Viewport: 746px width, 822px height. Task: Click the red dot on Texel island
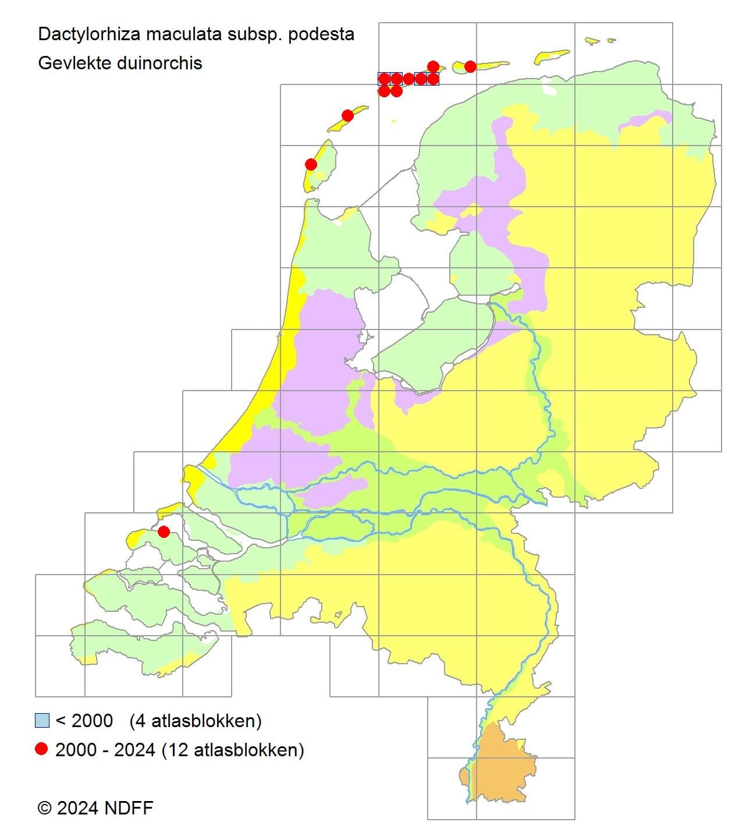click(311, 165)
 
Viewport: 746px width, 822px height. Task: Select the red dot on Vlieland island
click(347, 115)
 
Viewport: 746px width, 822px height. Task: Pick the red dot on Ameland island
click(470, 66)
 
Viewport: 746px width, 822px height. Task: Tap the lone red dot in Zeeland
click(164, 532)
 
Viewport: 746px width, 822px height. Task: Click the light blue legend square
click(42, 721)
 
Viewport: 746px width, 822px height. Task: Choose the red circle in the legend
click(41, 749)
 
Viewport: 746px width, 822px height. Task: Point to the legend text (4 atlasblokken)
click(196, 721)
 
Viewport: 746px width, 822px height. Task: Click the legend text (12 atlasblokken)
click(233, 750)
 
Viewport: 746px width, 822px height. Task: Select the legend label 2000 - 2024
click(105, 750)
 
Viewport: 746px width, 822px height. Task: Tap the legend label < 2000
click(84, 721)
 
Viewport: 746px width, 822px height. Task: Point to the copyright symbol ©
click(44, 808)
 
